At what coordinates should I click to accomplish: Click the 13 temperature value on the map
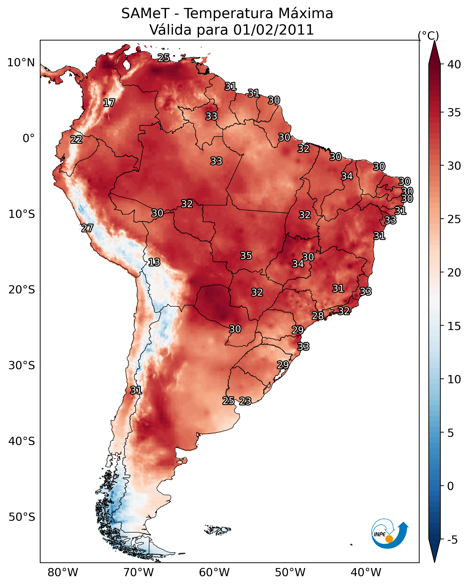(154, 262)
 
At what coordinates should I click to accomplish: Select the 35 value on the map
(246, 255)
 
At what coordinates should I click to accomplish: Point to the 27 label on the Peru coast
(87, 228)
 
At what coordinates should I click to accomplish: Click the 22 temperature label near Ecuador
(76, 140)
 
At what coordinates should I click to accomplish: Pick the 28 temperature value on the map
(318, 316)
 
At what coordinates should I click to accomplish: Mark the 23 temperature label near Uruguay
(245, 401)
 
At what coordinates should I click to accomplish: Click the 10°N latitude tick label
(21, 63)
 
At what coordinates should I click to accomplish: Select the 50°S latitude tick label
(22, 517)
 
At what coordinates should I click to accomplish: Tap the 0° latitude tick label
(29, 138)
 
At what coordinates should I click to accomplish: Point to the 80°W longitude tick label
(63, 573)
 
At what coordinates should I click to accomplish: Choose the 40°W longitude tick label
(366, 573)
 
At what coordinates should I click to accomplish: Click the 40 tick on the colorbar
(454, 64)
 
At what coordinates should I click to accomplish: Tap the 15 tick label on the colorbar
(454, 326)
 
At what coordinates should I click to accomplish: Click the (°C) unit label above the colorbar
(428, 36)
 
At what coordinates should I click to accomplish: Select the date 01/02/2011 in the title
(274, 30)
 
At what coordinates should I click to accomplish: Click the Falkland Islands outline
(217, 529)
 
